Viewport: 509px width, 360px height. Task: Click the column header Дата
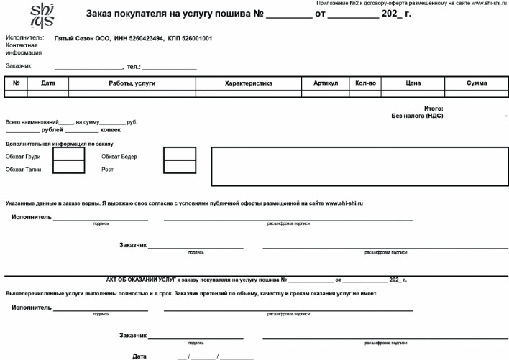(x=48, y=84)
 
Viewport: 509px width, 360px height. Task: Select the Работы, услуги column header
(x=132, y=84)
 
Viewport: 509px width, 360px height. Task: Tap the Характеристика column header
(x=248, y=84)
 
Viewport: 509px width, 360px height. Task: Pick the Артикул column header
(x=326, y=84)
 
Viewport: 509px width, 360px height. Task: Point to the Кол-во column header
(x=365, y=84)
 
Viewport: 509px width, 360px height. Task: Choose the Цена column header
(x=413, y=84)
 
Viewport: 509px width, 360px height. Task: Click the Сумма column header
(x=477, y=84)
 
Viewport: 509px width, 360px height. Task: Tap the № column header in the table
(x=16, y=84)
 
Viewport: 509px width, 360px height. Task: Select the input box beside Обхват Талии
(x=69, y=167)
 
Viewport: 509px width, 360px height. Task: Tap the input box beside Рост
(x=179, y=167)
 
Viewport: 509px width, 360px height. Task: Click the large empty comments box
(x=359, y=167)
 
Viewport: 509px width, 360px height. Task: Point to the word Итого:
(x=434, y=108)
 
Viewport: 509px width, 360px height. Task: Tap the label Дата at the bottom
(x=139, y=356)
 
